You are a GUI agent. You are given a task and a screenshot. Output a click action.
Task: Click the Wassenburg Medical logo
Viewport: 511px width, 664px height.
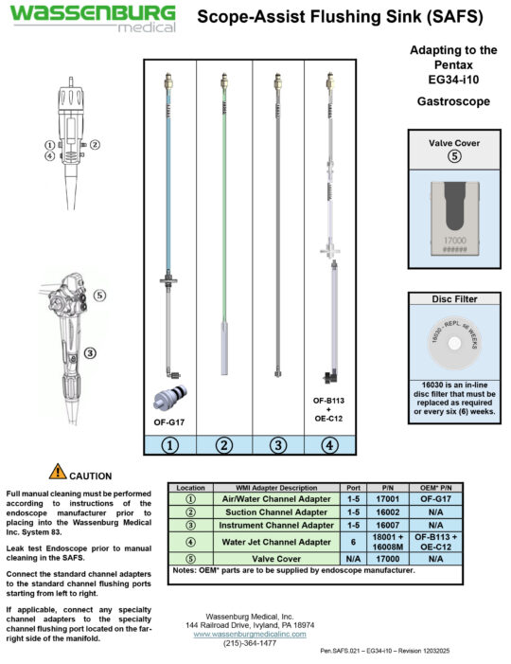[x=93, y=18]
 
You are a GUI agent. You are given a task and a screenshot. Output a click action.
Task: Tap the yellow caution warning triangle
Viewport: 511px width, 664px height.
[x=58, y=471]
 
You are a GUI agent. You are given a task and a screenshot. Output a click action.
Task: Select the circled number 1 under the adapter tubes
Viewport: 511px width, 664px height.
[x=170, y=443]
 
